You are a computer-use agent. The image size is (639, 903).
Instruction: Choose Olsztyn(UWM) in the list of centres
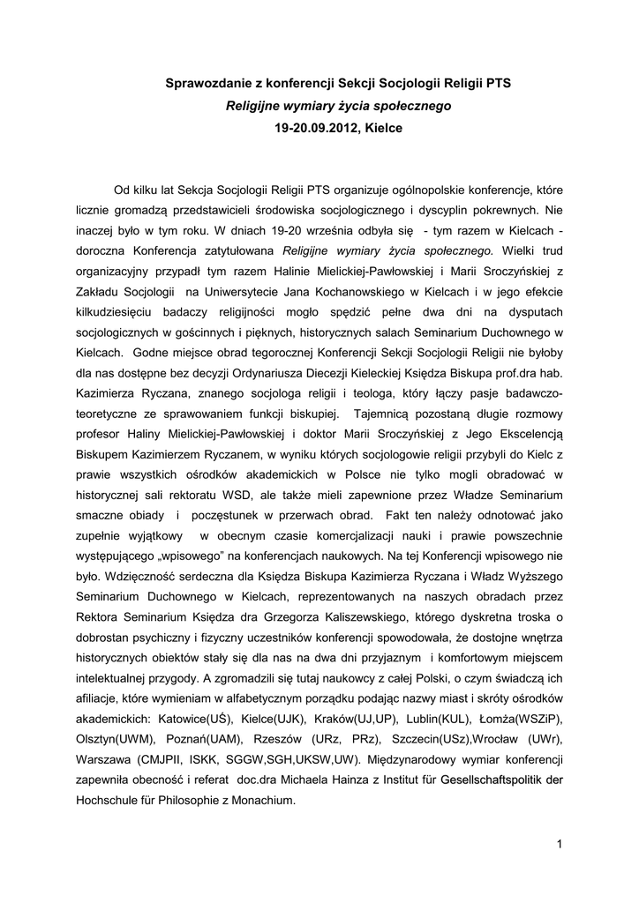[x=113, y=738]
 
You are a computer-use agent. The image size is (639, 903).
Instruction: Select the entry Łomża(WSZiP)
[x=524, y=718]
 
